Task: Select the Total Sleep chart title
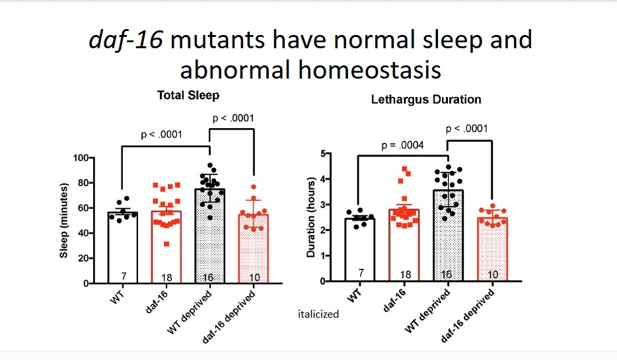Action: pyautogui.click(x=180, y=95)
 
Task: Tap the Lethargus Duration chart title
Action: pyautogui.click(x=425, y=100)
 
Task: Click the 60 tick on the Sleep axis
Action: pyautogui.click(x=83, y=208)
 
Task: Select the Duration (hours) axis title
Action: pyautogui.click(x=311, y=218)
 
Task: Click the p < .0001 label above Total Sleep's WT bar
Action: pyautogui.click(x=163, y=135)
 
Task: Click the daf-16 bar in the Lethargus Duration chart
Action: pyautogui.click(x=403, y=244)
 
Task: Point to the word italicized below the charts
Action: pyautogui.click(x=318, y=314)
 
